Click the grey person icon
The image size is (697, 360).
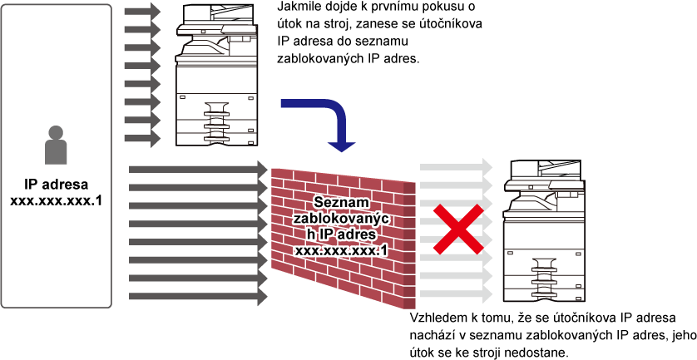56,145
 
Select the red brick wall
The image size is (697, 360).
343,237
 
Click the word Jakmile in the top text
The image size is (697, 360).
294,8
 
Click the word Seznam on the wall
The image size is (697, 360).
340,203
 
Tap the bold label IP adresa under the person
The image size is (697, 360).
56,185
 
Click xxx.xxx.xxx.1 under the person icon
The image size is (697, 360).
56,200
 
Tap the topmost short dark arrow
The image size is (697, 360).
143,12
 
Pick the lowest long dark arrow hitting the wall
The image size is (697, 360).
198,296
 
